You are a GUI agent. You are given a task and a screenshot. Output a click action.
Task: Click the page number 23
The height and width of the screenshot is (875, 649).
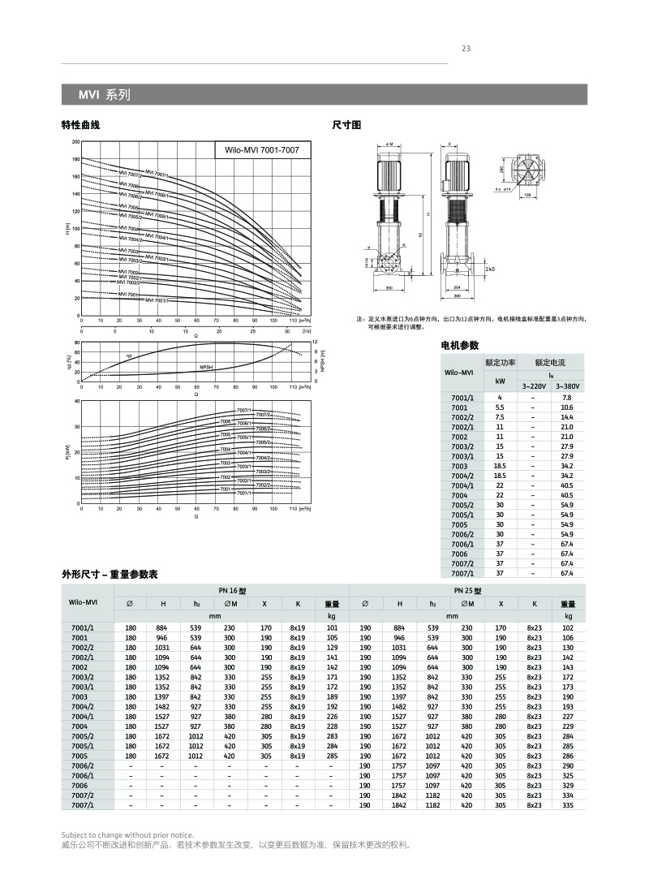pos(466,48)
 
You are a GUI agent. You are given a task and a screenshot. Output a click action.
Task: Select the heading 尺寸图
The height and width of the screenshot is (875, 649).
pos(346,125)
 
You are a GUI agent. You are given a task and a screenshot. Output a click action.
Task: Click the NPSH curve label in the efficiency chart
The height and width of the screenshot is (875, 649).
pos(207,368)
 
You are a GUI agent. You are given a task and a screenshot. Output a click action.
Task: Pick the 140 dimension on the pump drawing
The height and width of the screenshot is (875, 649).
pos(490,269)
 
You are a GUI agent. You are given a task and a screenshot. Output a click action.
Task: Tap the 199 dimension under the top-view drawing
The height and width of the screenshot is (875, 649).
pos(527,196)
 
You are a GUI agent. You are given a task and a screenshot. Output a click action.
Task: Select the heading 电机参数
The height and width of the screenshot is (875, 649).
pos(459,346)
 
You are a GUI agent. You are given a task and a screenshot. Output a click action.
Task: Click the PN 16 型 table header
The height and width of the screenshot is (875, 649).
pos(231,591)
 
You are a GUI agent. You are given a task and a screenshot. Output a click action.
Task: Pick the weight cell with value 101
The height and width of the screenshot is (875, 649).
pos(331,627)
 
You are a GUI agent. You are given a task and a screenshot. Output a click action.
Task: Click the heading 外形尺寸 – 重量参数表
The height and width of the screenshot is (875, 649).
pos(109,574)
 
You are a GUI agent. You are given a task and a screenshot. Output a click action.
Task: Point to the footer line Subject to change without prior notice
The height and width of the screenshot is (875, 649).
pos(127,834)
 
